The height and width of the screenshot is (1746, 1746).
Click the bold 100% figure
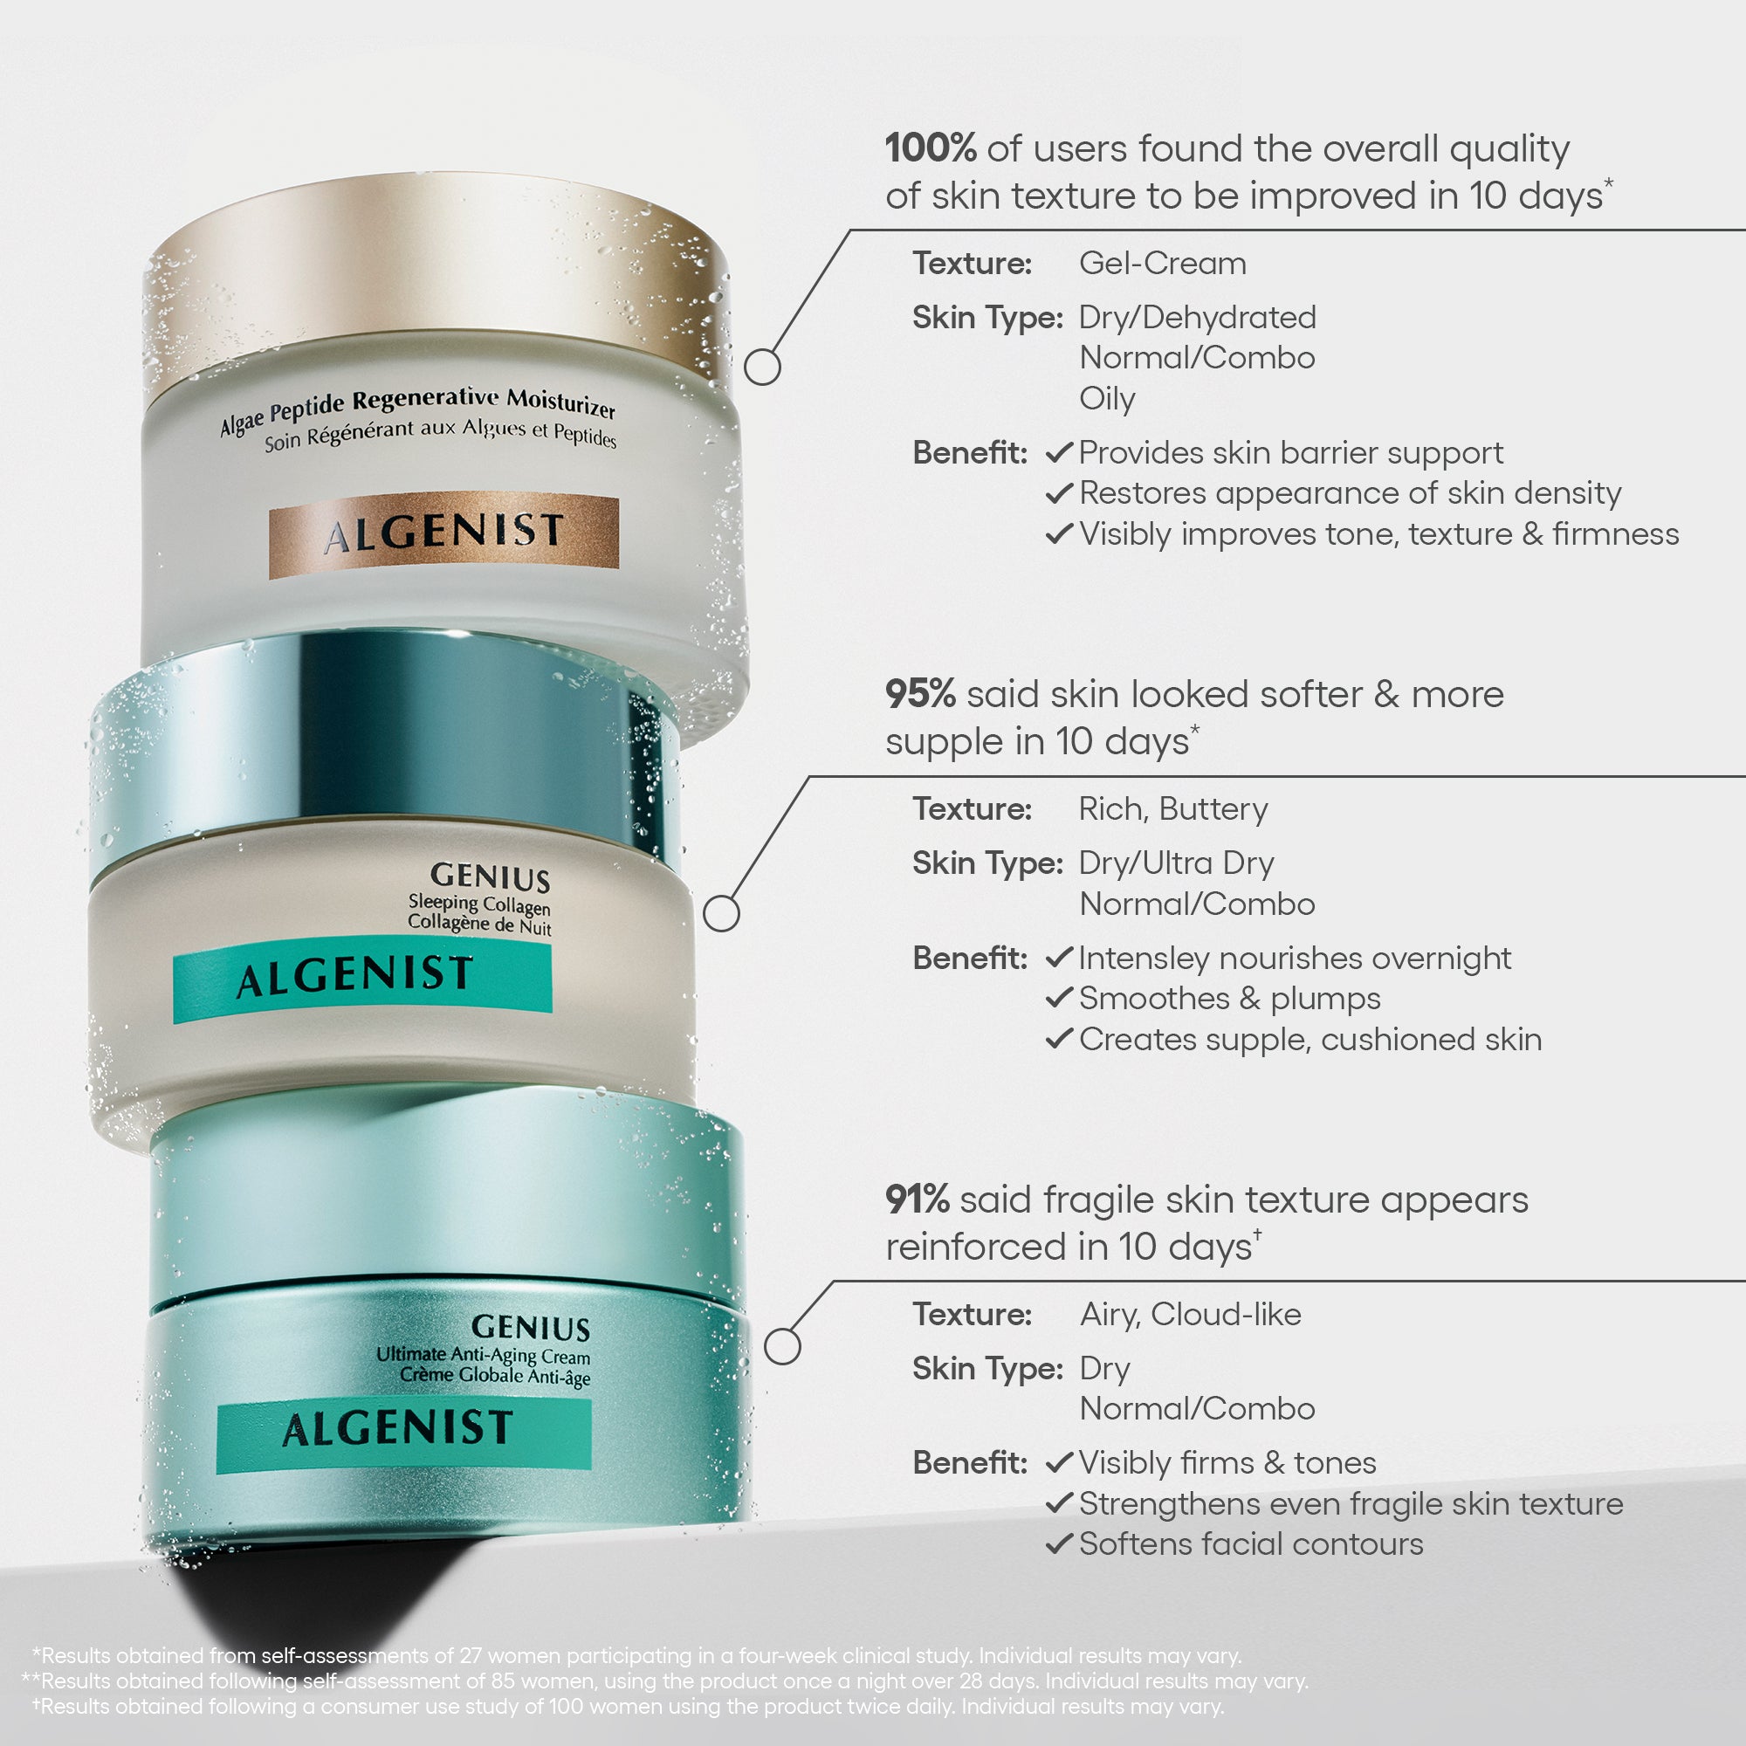click(930, 148)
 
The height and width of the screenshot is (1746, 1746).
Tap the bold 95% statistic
click(920, 694)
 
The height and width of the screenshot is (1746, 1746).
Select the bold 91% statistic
click(918, 1200)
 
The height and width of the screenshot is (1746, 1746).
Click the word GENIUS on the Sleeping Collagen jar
click(490, 876)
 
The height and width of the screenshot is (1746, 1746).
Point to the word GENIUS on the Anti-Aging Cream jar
click(531, 1327)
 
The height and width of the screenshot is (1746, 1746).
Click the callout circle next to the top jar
click(762, 367)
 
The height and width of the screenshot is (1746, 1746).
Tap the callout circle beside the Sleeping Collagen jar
click(721, 913)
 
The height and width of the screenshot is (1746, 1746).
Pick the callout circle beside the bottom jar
click(782, 1346)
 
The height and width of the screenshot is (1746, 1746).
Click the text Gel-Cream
click(1162, 263)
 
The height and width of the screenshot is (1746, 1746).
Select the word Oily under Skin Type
click(1107, 399)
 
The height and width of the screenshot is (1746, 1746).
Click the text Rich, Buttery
click(1173, 809)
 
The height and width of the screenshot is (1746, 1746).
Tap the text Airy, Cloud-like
click(1190, 1314)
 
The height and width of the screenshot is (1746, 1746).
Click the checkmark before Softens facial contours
click(1058, 1543)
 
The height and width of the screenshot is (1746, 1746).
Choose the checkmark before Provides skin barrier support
click(1058, 452)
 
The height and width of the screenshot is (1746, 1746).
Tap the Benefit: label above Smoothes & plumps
click(970, 958)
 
